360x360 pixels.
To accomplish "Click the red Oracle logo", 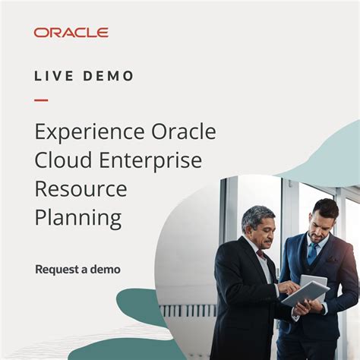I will coord(71,33).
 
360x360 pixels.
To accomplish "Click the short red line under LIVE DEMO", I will coord(41,99).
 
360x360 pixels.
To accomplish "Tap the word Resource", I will coord(80,190).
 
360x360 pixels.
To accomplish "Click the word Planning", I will coord(78,219).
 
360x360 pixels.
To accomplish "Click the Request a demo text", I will coord(77,269).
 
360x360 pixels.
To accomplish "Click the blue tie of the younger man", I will coord(312,253).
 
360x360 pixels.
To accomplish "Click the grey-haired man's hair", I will coord(257,215).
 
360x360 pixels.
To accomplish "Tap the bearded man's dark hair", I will coord(325,207).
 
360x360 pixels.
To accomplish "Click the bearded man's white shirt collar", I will coord(315,242).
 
